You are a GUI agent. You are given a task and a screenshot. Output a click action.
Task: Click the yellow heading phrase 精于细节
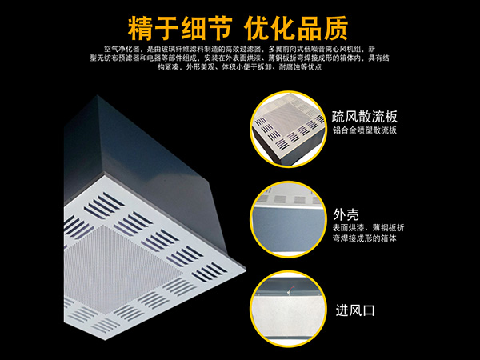[180, 28]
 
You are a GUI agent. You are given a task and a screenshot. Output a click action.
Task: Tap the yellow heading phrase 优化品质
[296, 28]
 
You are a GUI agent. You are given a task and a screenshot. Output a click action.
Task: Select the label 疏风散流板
[365, 117]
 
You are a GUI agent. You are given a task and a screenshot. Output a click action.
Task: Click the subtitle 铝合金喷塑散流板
[365, 130]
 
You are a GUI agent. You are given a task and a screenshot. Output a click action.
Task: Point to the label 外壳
[346, 214]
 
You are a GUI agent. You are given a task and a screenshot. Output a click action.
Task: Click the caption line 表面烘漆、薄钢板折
[369, 228]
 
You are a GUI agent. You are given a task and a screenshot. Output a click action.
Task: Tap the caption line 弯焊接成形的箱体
[365, 238]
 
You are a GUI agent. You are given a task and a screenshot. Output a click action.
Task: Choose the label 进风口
[355, 310]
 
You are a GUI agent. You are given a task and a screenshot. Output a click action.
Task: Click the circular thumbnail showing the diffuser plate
[288, 129]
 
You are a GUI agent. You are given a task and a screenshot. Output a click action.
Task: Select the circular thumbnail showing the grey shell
[288, 219]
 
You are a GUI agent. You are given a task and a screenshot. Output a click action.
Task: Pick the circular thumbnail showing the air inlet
[288, 309]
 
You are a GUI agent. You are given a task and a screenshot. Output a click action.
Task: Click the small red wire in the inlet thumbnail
[291, 289]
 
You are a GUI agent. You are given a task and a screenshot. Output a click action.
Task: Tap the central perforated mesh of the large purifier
[122, 270]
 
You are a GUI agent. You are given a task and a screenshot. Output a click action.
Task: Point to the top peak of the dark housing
[98, 96]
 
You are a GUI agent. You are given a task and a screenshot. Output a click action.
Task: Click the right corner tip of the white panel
[246, 270]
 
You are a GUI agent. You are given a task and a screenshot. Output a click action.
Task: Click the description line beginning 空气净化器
[239, 49]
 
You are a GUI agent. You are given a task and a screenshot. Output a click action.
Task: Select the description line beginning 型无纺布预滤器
[239, 58]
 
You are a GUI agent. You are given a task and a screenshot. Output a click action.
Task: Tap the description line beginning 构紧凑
[239, 66]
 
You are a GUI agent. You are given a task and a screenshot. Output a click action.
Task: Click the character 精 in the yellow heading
[140, 28]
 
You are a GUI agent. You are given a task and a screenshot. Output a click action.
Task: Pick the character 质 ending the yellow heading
[336, 28]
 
